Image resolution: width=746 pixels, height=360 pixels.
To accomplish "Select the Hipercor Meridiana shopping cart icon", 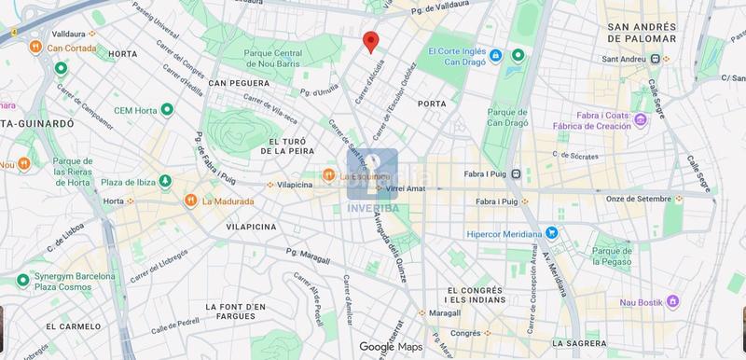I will click(552, 233).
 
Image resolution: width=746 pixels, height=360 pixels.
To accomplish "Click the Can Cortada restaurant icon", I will click(35, 47).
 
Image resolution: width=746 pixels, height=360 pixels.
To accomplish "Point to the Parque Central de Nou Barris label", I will click(273, 58).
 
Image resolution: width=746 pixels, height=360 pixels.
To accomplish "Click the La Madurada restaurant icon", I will click(190, 200).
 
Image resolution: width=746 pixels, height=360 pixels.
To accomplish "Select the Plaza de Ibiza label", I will click(125, 180).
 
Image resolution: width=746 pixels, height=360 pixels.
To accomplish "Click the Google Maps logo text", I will click(391, 347).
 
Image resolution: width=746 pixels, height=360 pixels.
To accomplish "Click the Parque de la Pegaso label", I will click(615, 256).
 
